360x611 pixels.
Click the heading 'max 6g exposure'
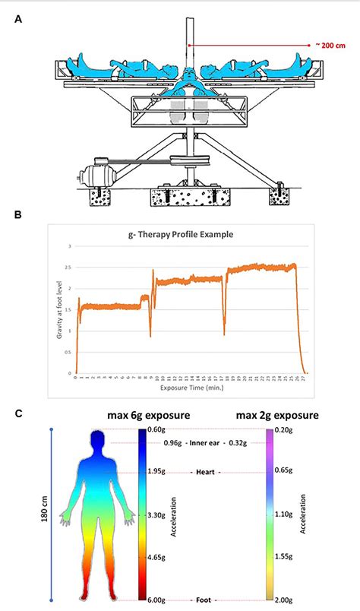(149, 416)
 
